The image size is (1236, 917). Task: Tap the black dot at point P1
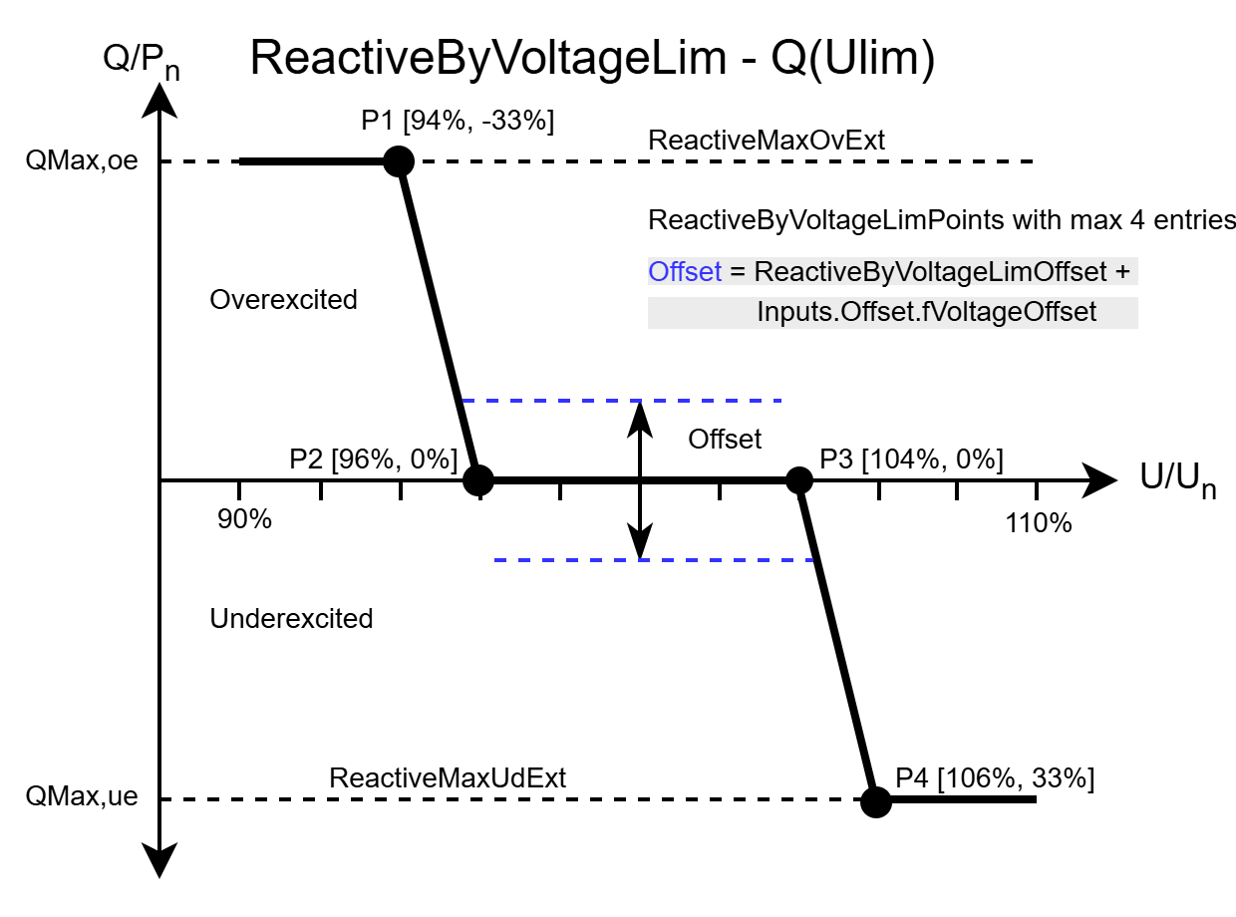click(399, 160)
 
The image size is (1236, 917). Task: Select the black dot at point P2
click(478, 480)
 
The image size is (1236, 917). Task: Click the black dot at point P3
click(798, 480)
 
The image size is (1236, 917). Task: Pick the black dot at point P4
click(876, 801)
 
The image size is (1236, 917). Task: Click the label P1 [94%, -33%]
click(458, 121)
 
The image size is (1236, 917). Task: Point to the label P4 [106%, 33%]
click(995, 778)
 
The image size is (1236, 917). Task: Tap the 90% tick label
click(245, 522)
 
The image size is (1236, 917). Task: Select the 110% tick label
click(1039, 522)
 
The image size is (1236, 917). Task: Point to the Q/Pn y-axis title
click(142, 65)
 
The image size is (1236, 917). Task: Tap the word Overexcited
click(283, 299)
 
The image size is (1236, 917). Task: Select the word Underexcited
click(291, 619)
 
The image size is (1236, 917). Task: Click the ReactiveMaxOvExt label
click(766, 141)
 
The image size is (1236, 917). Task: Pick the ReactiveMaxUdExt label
click(448, 778)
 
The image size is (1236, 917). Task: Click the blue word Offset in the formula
click(684, 272)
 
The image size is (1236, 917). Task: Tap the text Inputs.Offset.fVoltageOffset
click(926, 312)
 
